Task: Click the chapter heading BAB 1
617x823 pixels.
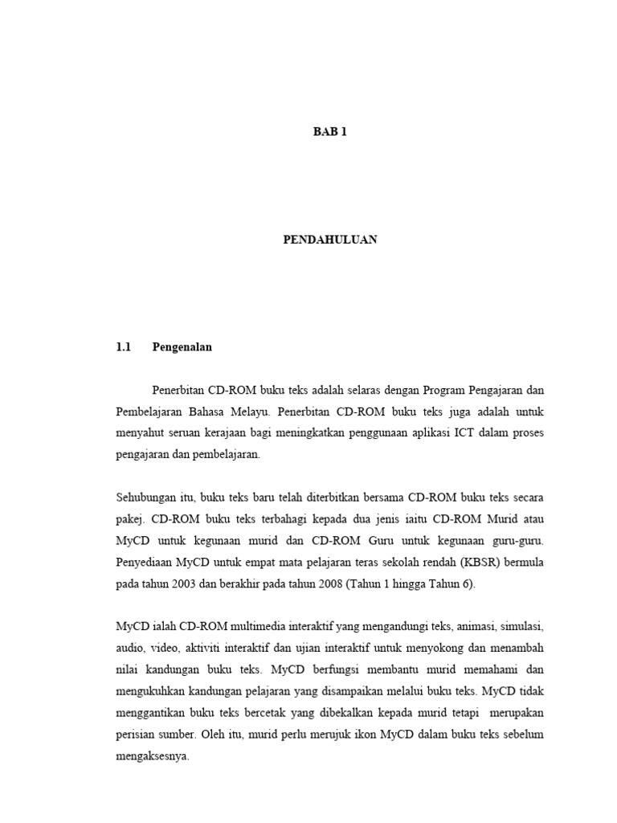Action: pyautogui.click(x=329, y=133)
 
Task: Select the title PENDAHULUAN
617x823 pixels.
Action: pyautogui.click(x=329, y=240)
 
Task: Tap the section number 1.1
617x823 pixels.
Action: pyautogui.click(x=123, y=348)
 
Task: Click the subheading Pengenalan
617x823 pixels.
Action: pyautogui.click(x=182, y=348)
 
